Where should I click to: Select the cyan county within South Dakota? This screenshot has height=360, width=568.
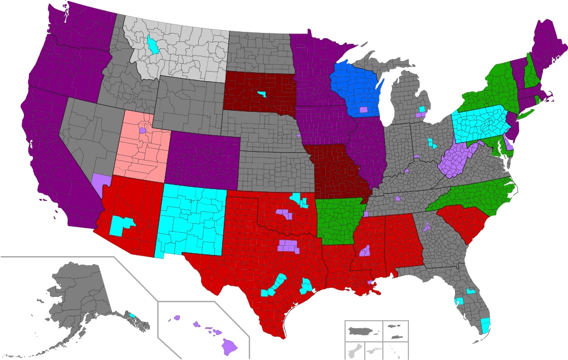point(261,94)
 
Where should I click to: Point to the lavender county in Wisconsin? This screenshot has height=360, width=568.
point(363,110)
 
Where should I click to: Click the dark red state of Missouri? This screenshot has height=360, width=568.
point(335,170)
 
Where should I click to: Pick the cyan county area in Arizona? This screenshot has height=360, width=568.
point(120,225)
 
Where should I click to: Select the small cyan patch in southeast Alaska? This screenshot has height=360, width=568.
point(132,315)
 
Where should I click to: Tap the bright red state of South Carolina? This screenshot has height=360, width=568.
point(463,221)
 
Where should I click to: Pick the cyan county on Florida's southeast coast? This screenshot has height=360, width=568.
point(486,325)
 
